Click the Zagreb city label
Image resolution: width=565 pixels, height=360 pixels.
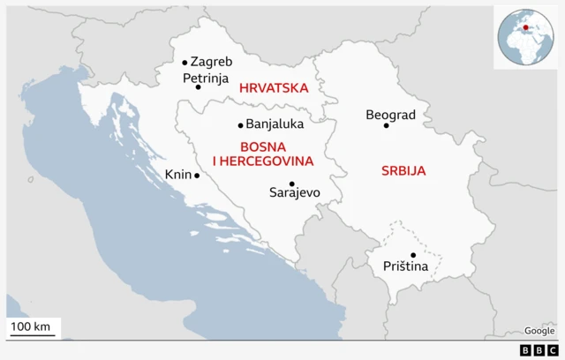(x=211, y=62)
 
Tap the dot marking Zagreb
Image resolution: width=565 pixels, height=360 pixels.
(x=185, y=63)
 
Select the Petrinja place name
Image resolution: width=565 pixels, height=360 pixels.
(x=204, y=79)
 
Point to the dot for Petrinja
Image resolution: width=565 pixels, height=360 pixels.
(x=198, y=87)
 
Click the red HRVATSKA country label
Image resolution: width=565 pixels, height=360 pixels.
(x=273, y=88)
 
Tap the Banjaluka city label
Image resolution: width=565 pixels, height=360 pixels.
(x=275, y=124)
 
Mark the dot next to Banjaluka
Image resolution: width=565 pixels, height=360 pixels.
(x=240, y=125)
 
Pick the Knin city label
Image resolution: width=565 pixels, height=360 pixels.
(x=177, y=175)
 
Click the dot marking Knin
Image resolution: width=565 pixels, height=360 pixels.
(x=197, y=176)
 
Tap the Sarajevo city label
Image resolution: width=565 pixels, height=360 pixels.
(x=294, y=192)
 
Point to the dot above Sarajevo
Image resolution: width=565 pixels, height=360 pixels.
(x=291, y=184)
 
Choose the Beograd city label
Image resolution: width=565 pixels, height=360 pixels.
(x=390, y=115)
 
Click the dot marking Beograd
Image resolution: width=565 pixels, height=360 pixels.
(x=386, y=125)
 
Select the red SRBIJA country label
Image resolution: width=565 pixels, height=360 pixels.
(x=403, y=170)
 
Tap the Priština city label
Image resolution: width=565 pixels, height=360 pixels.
(x=405, y=266)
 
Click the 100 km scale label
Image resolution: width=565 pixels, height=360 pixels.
(x=33, y=328)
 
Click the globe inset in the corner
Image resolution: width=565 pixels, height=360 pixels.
(x=526, y=35)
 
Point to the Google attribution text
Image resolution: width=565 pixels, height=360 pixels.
(x=539, y=330)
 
